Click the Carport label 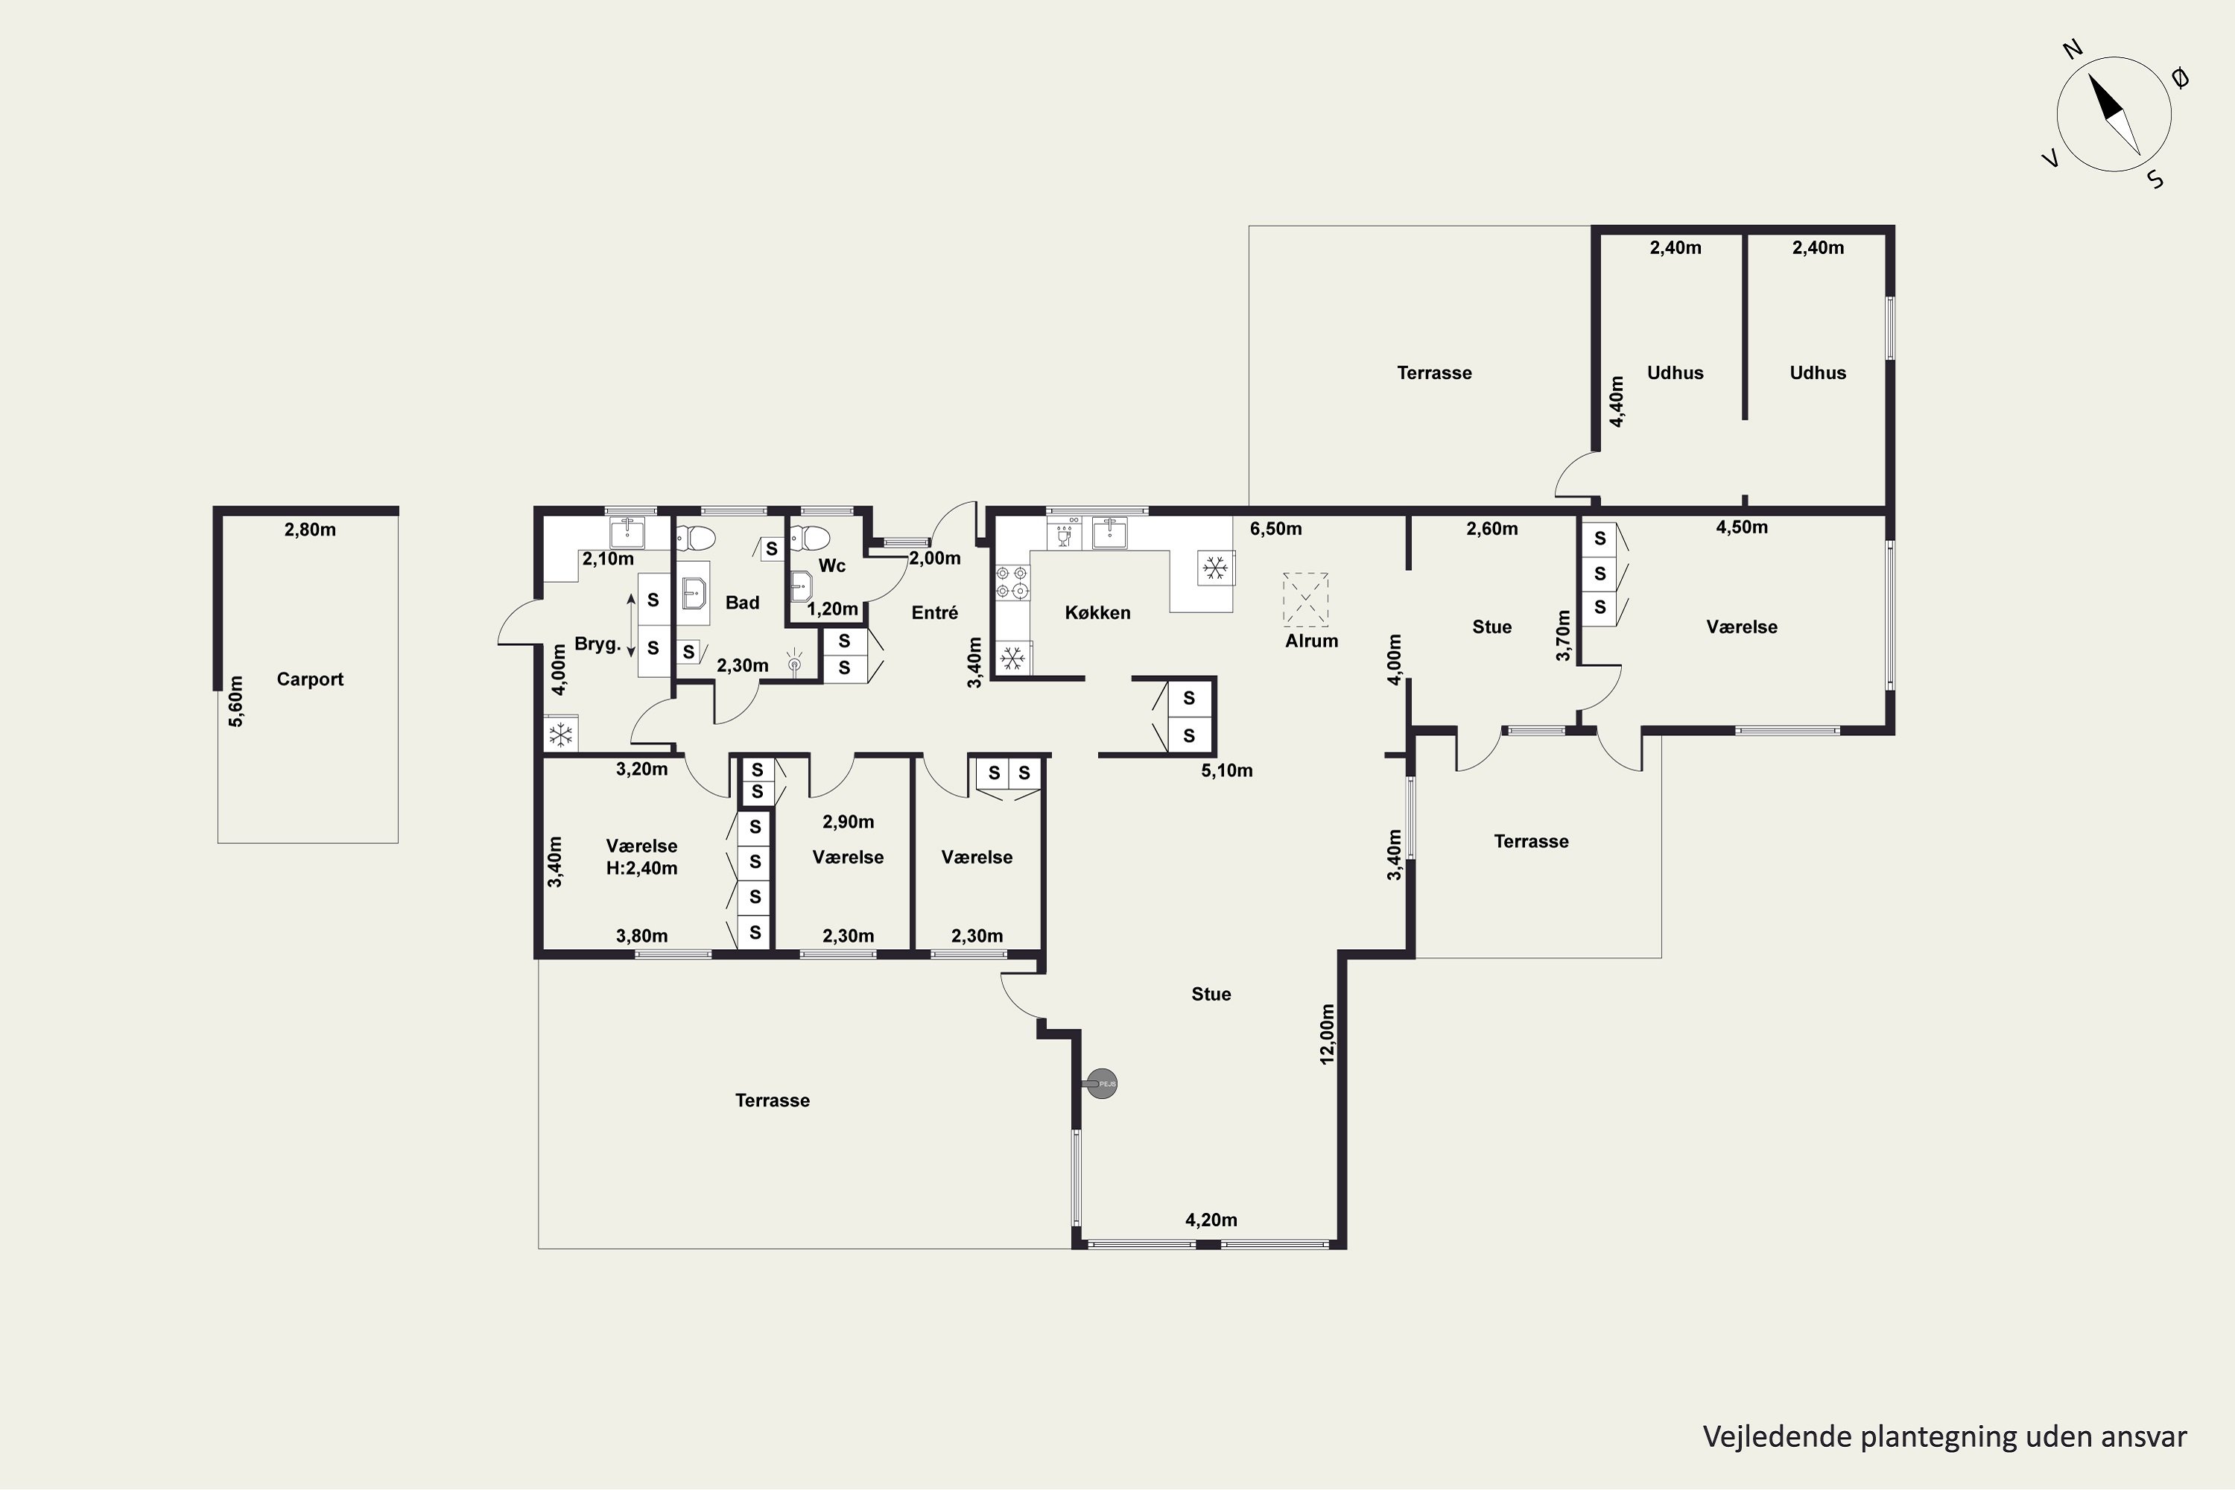click(x=310, y=679)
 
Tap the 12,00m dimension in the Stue click(x=1328, y=1034)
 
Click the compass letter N click(x=2073, y=49)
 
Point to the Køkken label click(x=1097, y=613)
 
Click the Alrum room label click(x=1311, y=641)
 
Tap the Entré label click(x=935, y=613)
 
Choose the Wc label click(x=831, y=566)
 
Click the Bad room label click(x=742, y=603)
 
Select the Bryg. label click(x=597, y=644)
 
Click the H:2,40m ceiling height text click(x=641, y=869)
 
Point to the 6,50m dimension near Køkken click(x=1276, y=529)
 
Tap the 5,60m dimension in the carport click(x=235, y=701)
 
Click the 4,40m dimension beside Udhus click(x=1617, y=401)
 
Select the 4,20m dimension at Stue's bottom click(x=1211, y=1220)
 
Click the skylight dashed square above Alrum click(x=1306, y=599)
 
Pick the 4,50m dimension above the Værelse click(x=1742, y=527)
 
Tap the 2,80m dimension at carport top click(x=310, y=530)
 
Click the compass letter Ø click(x=2181, y=78)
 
